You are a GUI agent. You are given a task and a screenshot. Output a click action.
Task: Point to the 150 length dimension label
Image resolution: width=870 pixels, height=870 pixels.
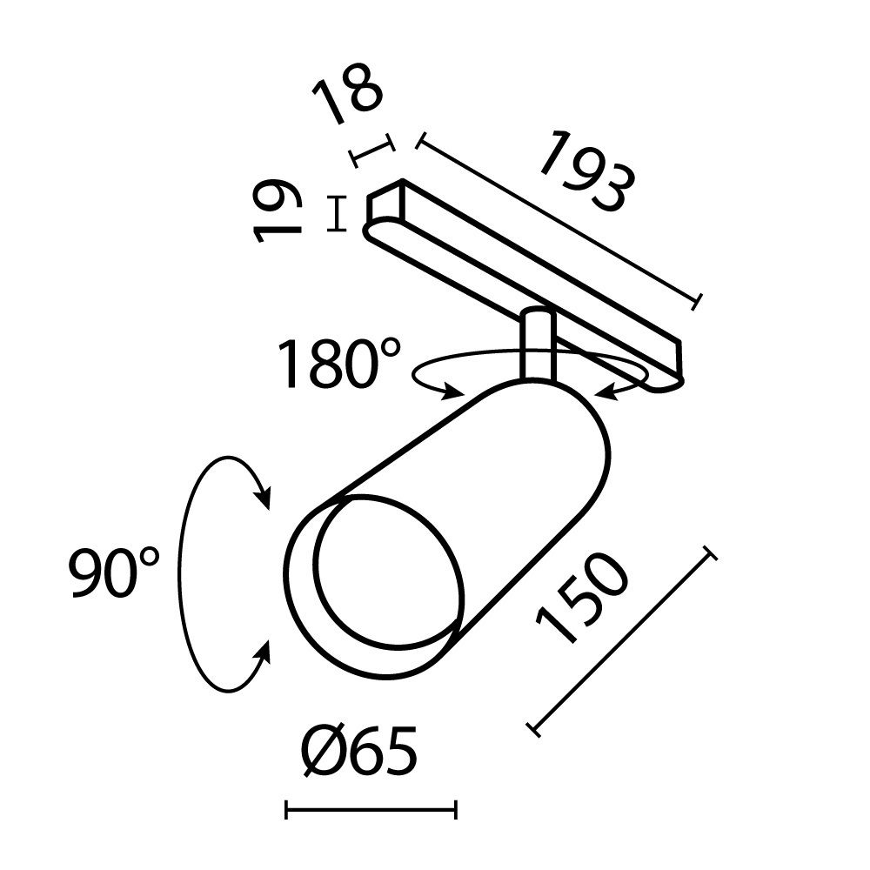click(x=582, y=599)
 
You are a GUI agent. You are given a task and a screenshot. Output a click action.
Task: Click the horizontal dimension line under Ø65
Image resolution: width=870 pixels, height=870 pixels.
click(x=371, y=812)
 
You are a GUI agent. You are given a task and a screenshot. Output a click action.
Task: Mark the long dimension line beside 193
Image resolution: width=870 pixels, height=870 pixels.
click(x=558, y=220)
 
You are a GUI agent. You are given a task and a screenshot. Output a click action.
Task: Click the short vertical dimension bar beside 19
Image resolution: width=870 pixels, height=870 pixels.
click(x=335, y=214)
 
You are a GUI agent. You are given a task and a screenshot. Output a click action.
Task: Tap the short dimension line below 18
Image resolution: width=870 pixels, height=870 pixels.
click(x=371, y=151)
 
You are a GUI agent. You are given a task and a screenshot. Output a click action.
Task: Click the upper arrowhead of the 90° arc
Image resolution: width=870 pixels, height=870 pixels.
click(x=263, y=499)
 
